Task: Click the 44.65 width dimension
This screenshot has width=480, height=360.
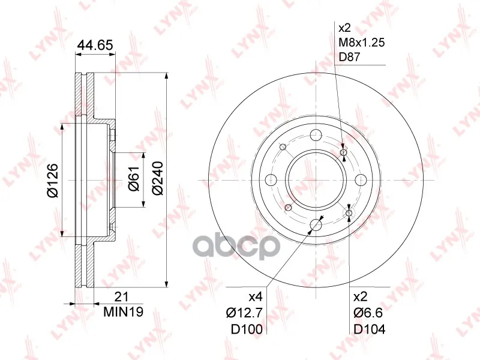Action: [x=95, y=44]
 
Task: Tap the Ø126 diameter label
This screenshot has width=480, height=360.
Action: [x=52, y=181]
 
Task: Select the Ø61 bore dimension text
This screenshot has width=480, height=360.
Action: [x=134, y=179]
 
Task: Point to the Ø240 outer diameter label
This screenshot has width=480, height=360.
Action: [x=158, y=178]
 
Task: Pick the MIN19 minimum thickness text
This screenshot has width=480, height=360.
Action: [x=124, y=312]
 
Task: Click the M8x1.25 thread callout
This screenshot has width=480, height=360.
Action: [x=361, y=42]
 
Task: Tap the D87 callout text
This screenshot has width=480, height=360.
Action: [x=349, y=57]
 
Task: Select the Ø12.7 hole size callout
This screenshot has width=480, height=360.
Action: [x=244, y=313]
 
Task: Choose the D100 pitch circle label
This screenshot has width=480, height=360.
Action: [x=247, y=329]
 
